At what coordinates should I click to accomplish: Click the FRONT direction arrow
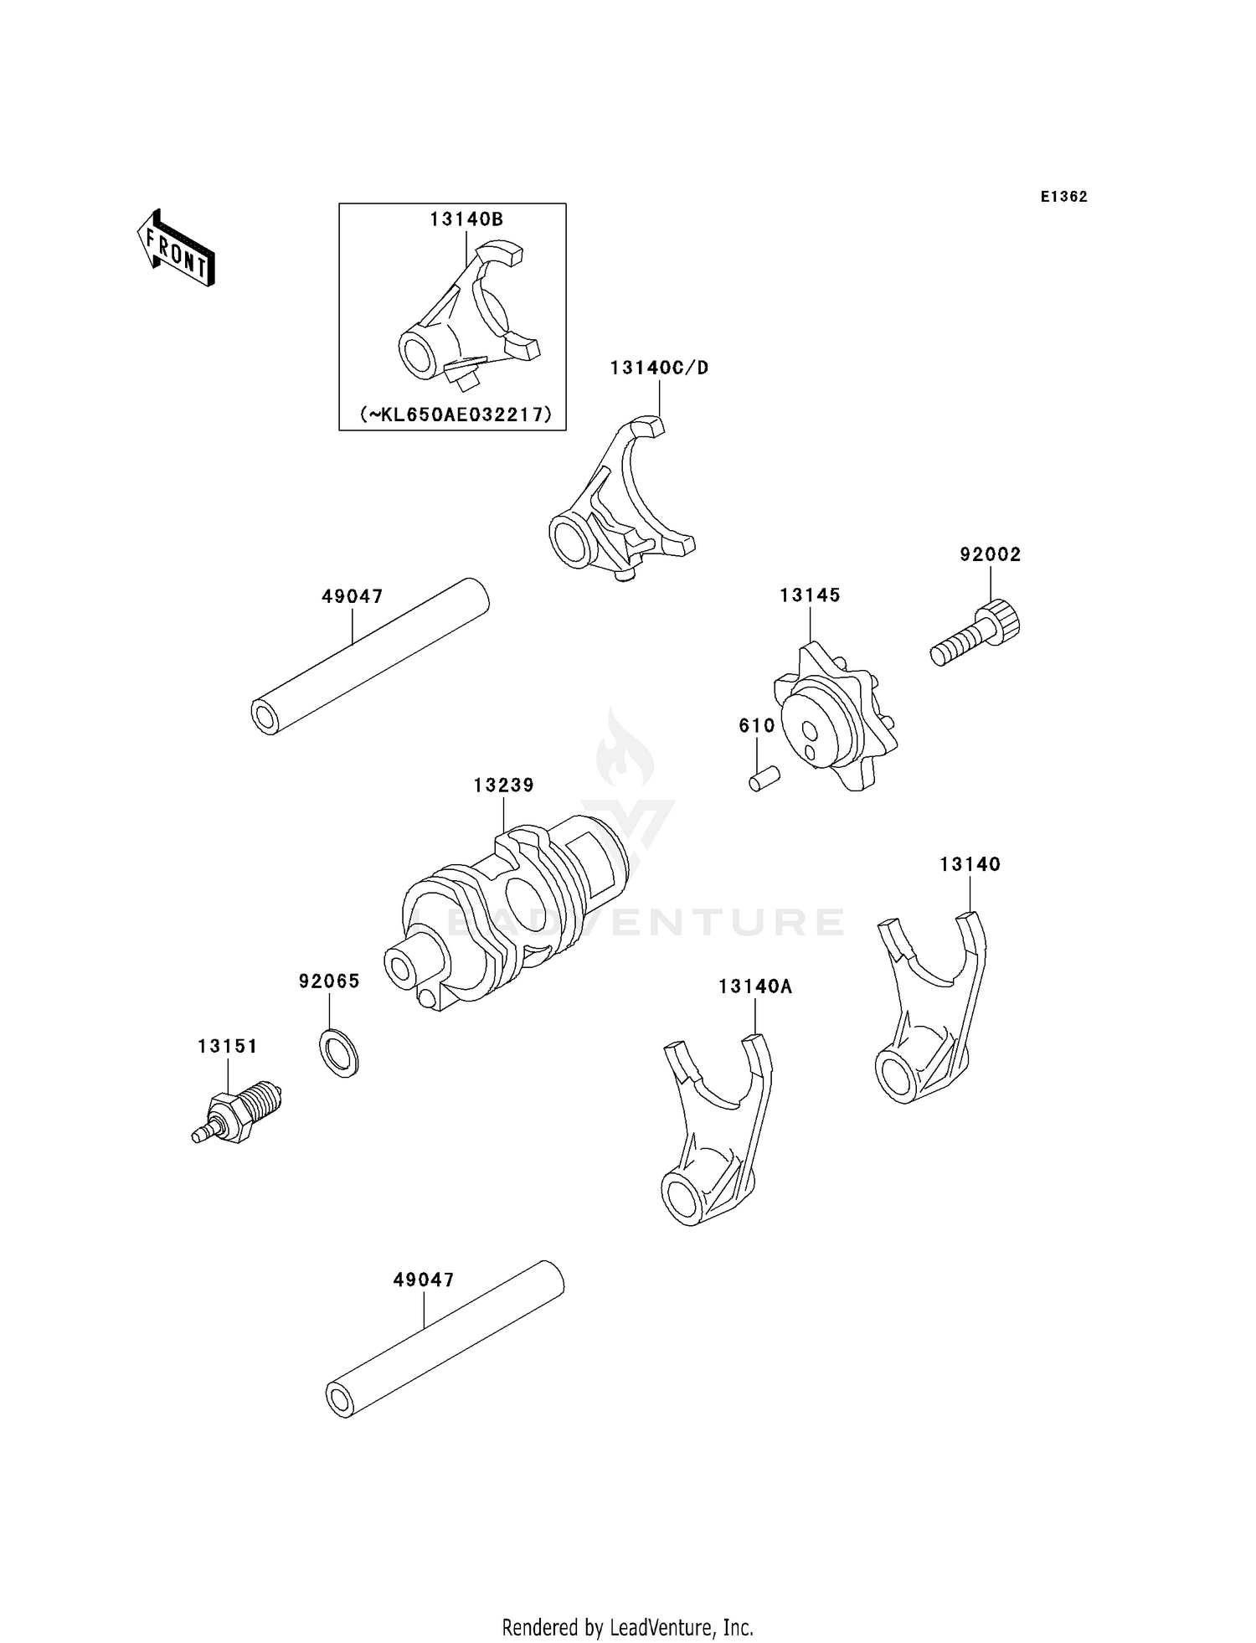coord(176,249)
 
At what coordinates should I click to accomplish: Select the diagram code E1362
coord(1063,197)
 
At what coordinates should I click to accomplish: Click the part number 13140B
coord(466,219)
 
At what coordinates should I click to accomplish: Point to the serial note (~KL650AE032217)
coord(456,414)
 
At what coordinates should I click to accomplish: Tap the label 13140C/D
coord(659,368)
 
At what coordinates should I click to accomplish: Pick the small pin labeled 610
coord(764,779)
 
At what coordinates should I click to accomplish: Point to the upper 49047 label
coord(353,596)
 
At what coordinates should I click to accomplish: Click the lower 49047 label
coord(424,1280)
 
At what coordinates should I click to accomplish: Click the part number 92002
coord(990,554)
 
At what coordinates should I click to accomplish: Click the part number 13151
coord(228,1046)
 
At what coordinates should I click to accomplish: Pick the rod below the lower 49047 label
coord(445,1350)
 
